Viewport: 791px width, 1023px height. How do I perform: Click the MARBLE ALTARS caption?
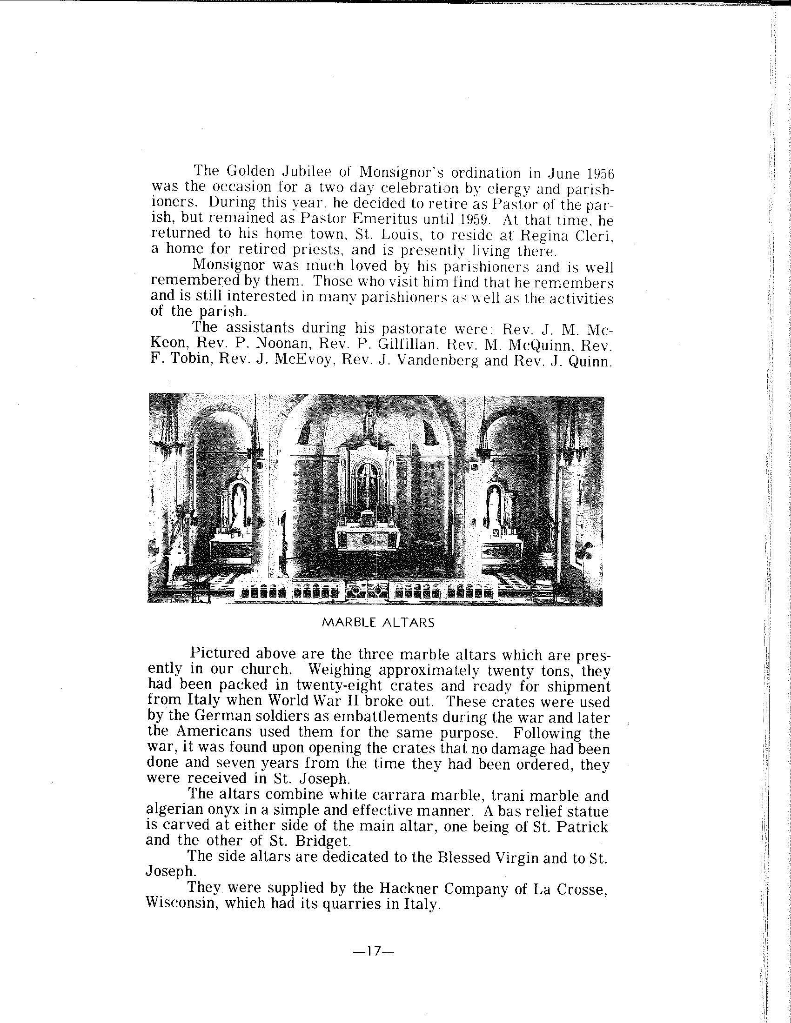point(379,623)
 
